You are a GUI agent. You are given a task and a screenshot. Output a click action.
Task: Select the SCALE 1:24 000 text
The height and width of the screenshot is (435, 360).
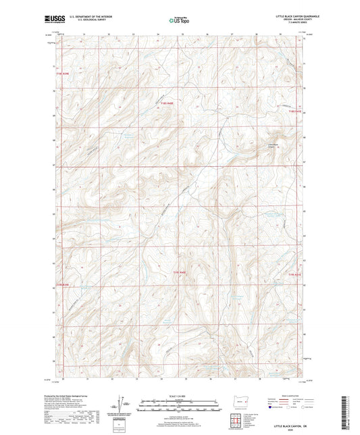(x=180, y=395)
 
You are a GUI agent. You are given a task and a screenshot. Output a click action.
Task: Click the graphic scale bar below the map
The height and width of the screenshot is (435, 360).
(x=180, y=403)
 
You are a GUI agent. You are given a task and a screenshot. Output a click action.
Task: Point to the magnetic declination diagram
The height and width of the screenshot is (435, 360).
(x=126, y=403)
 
